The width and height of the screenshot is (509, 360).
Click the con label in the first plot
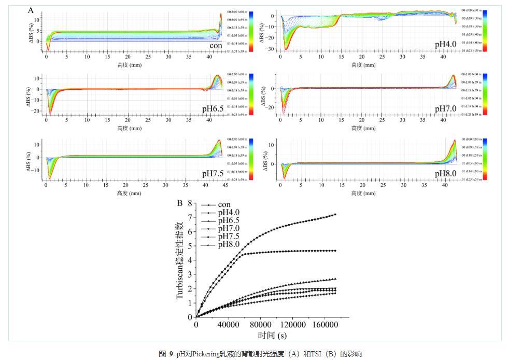point(216,46)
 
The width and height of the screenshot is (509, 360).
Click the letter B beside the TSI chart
point(180,203)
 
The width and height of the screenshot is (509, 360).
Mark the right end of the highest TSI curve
point(335,214)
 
